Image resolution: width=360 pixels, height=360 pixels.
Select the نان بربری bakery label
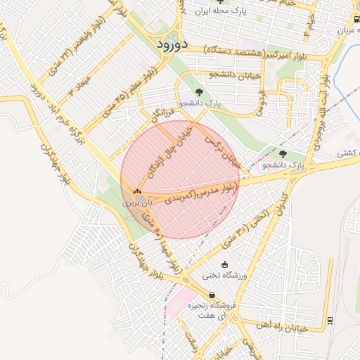tap(137, 201)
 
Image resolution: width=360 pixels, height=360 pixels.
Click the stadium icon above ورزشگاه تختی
tap(224, 264)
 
